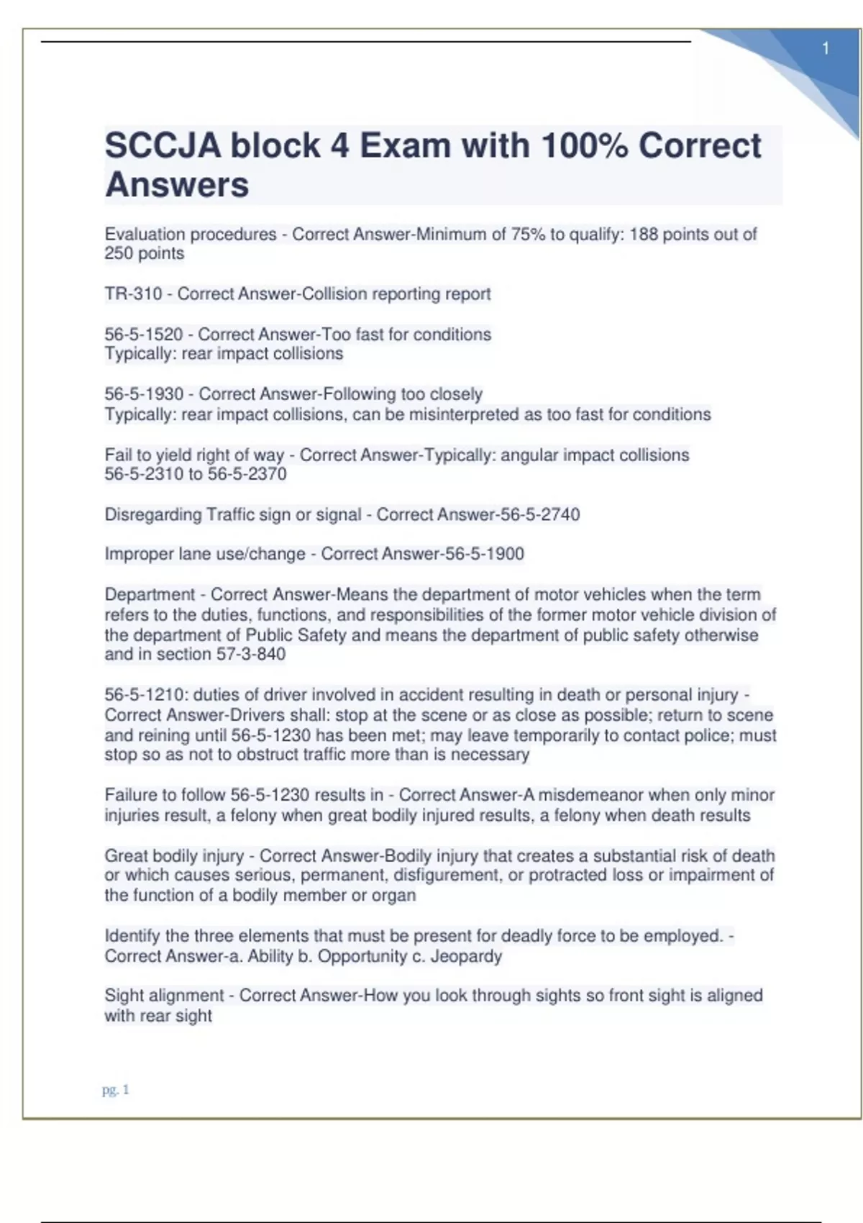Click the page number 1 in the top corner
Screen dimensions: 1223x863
point(826,48)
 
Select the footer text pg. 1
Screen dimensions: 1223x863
point(115,1090)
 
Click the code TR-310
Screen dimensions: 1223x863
point(133,294)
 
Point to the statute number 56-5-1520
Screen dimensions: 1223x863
point(144,335)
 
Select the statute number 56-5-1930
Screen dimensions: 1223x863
point(144,394)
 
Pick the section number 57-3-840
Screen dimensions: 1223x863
point(251,654)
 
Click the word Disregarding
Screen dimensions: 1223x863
point(153,515)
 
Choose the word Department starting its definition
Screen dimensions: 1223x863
point(150,595)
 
